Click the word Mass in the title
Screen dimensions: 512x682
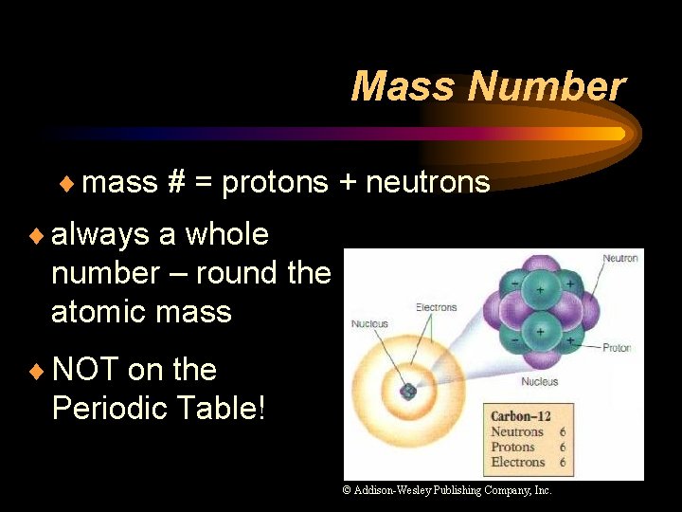point(404,86)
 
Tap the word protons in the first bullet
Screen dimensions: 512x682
point(275,181)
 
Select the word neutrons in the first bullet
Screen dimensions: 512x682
point(428,181)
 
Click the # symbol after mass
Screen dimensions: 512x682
point(175,181)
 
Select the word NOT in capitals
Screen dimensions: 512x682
point(84,369)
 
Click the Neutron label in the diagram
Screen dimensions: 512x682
point(620,258)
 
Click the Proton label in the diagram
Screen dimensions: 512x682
point(617,348)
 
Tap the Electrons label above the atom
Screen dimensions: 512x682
point(436,307)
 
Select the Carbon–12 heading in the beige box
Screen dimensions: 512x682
point(520,415)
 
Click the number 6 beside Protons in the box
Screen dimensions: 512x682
point(563,447)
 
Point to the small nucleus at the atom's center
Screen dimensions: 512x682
point(408,391)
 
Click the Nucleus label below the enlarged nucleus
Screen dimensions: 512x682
point(539,382)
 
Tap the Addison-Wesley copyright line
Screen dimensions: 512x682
point(447,490)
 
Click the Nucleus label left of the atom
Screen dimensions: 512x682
point(369,324)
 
